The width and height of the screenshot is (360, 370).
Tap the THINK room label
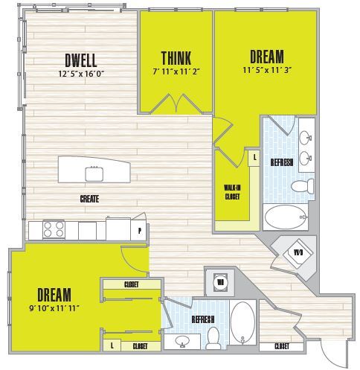click(176, 58)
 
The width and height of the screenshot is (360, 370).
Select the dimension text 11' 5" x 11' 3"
click(266, 71)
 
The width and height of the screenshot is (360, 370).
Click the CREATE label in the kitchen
click(91, 199)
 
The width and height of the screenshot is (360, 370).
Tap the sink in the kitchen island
click(95, 173)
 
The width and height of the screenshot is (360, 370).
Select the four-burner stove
click(54, 229)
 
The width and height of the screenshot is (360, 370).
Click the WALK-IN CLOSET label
click(232, 193)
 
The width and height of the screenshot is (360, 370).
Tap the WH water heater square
click(222, 281)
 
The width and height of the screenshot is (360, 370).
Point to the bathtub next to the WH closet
click(242, 322)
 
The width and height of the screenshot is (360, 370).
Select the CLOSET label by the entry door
click(281, 347)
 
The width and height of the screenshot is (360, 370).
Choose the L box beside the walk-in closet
click(254, 158)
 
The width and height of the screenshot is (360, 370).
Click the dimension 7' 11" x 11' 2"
click(176, 72)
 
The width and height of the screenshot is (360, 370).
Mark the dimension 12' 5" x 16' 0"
click(80, 73)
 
